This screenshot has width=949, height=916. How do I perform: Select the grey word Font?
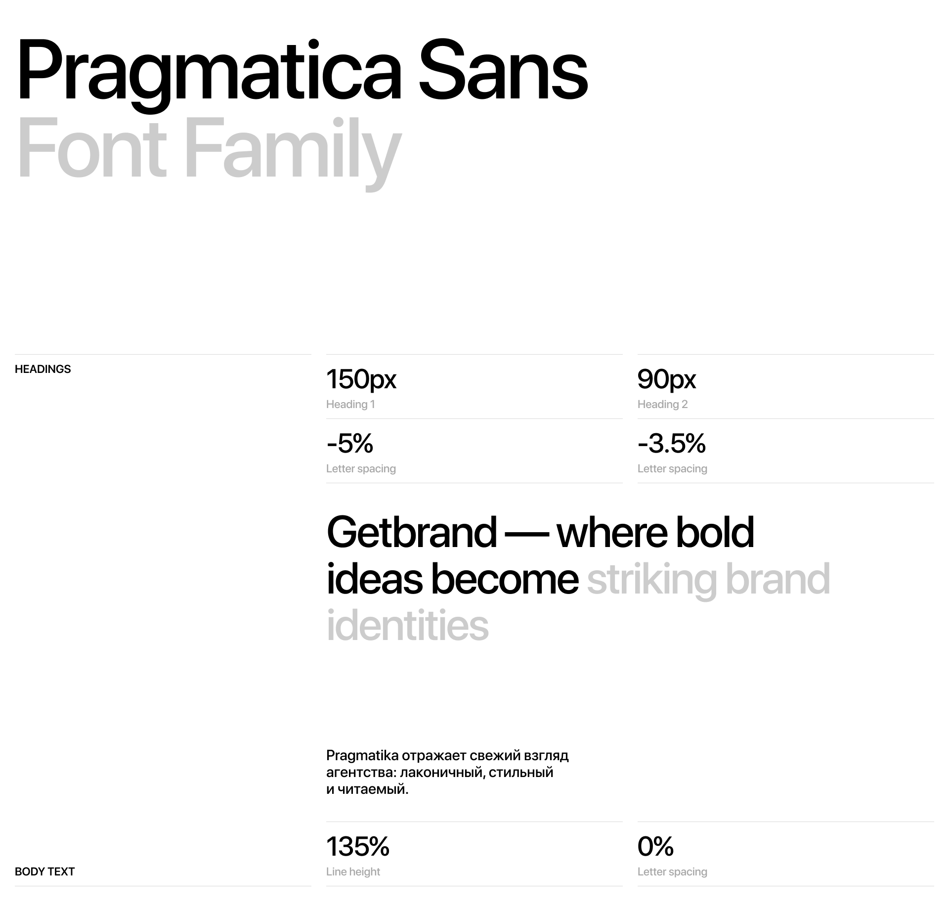click(92, 147)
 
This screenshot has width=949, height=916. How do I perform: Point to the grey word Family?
click(293, 153)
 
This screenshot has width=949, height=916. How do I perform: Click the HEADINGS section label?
click(43, 369)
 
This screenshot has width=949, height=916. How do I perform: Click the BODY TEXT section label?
click(44, 871)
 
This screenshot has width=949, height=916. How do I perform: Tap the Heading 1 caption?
click(350, 404)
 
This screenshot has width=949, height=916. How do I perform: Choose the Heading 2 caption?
click(662, 404)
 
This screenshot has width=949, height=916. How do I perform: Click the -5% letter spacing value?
click(350, 443)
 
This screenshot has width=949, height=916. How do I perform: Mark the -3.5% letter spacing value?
click(672, 443)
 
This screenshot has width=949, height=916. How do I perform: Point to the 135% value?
click(358, 846)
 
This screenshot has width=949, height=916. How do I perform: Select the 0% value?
click(655, 846)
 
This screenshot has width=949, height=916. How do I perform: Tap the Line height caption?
click(353, 871)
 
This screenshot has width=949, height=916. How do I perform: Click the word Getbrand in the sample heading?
click(412, 533)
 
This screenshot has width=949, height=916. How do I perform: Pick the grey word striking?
click(652, 581)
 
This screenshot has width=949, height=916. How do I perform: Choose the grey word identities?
click(408, 626)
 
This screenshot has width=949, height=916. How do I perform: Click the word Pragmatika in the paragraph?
click(362, 756)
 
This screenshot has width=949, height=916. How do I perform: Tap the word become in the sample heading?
click(505, 580)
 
